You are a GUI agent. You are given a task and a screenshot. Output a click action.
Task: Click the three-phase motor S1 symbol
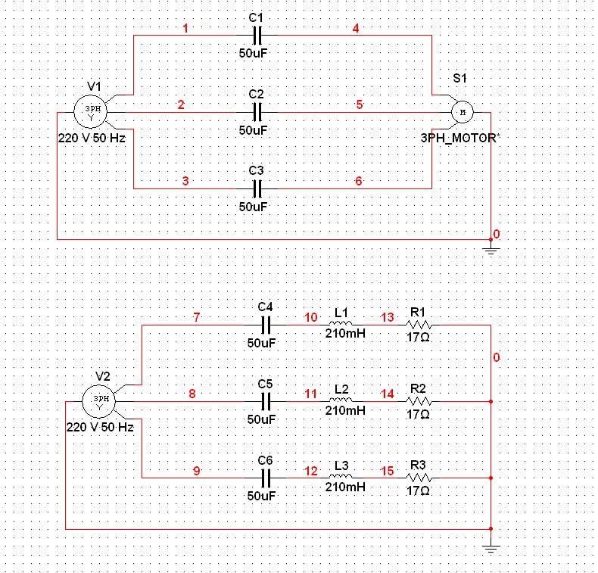tap(461, 112)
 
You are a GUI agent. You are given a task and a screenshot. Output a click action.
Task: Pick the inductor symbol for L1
tap(341, 322)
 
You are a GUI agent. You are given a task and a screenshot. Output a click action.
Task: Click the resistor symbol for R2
tap(419, 401)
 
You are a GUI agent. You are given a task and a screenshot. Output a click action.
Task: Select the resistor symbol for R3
tap(419, 478)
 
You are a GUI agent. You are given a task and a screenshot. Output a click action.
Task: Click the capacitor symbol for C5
tap(265, 401)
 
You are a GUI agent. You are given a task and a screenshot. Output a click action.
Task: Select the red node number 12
tap(310, 471)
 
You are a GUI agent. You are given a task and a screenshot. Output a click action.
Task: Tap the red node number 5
tap(360, 105)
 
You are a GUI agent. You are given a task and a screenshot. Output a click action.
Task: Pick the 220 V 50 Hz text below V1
tap(92, 139)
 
